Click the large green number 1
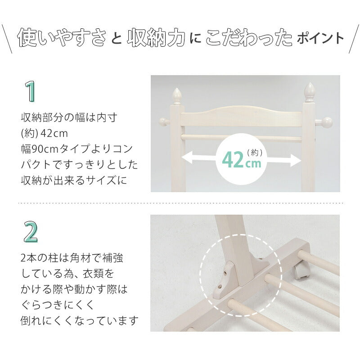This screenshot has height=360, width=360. point(30,92)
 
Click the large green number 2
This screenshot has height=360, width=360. point(31,232)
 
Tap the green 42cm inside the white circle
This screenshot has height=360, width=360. point(241,160)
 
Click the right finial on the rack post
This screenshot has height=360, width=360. point(309,92)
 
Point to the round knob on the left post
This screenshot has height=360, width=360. point(163,121)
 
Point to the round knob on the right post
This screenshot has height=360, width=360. point(328,121)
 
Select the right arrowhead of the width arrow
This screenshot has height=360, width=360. point(297,158)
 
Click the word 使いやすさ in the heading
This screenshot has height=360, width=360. point(62,39)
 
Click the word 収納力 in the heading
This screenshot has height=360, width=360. point(156,39)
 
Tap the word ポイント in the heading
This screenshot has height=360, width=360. point(320,39)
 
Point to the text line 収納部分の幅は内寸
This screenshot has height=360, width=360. point(69,118)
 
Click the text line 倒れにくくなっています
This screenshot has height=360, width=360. point(79,320)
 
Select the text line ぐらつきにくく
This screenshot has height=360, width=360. point(57,305)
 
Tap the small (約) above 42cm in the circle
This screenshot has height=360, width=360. point(254,152)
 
